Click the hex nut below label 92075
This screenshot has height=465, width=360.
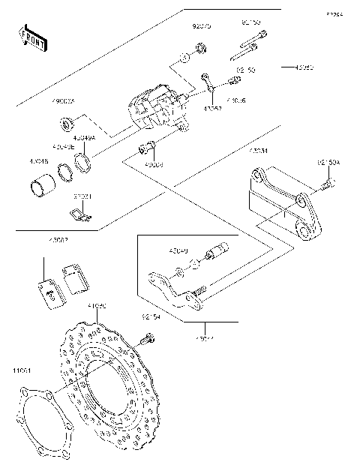(x=200, y=49)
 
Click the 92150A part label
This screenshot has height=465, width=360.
(x=328, y=162)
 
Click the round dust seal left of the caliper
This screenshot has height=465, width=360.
(x=67, y=121)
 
